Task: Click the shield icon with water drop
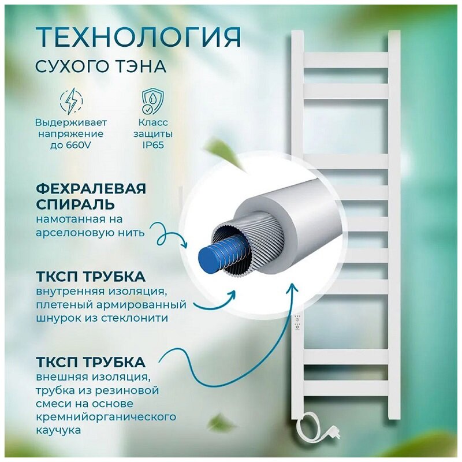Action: (151, 102)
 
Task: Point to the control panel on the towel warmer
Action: (299, 321)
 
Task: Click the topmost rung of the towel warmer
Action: (346, 60)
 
